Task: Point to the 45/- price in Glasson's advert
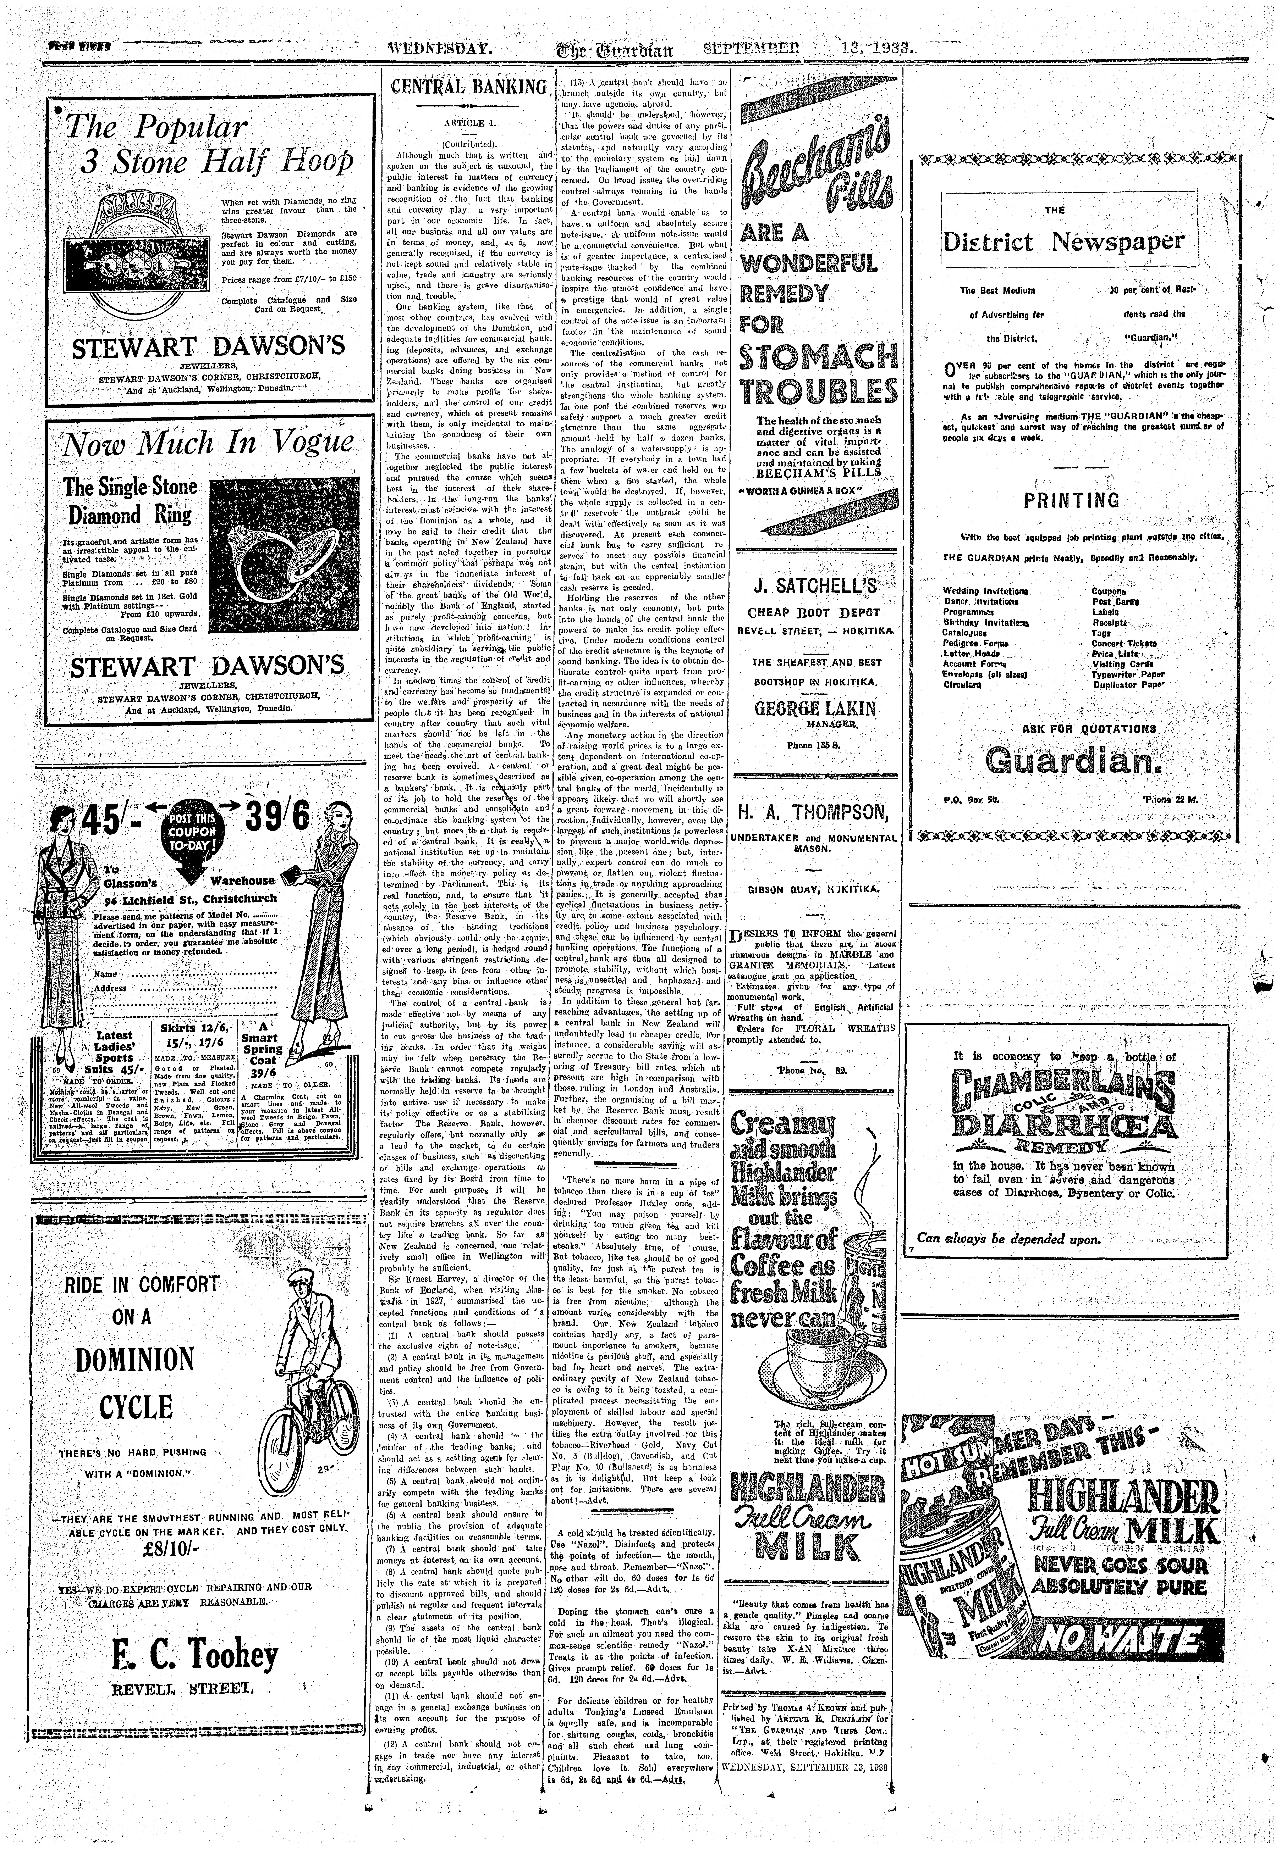pyautogui.click(x=114, y=820)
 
